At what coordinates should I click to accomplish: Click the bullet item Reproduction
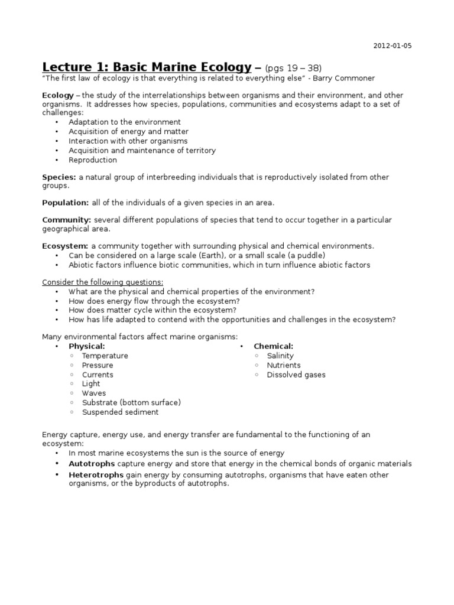93,160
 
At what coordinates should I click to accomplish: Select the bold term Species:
59,177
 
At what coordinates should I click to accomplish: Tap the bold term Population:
65,203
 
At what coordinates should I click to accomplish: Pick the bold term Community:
66,220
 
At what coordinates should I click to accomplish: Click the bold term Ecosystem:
65,246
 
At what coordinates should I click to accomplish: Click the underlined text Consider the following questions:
102,282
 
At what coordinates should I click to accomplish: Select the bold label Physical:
87,346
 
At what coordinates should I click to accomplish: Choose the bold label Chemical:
274,346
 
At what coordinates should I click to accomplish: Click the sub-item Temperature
105,356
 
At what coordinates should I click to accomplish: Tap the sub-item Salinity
281,356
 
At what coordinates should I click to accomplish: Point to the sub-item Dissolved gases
296,375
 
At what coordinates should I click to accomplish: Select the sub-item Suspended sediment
121,412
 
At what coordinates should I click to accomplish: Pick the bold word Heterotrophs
96,475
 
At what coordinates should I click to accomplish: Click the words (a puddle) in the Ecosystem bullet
307,255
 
